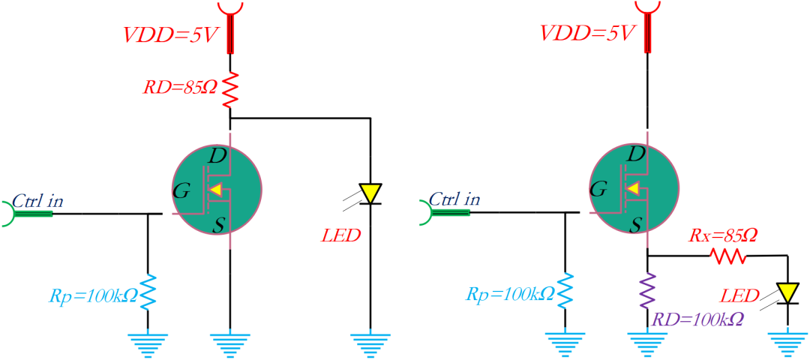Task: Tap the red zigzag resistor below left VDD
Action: [x=230, y=89]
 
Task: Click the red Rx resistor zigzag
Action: [x=729, y=256]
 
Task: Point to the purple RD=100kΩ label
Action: [x=697, y=319]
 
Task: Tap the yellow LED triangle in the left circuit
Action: [x=370, y=193]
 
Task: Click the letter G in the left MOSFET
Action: [x=181, y=191]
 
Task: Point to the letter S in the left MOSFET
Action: [x=219, y=225]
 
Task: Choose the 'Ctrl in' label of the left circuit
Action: [x=38, y=200]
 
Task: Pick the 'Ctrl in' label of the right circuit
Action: [x=454, y=200]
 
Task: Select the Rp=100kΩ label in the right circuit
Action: [x=510, y=293]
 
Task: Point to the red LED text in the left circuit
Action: [x=340, y=235]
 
